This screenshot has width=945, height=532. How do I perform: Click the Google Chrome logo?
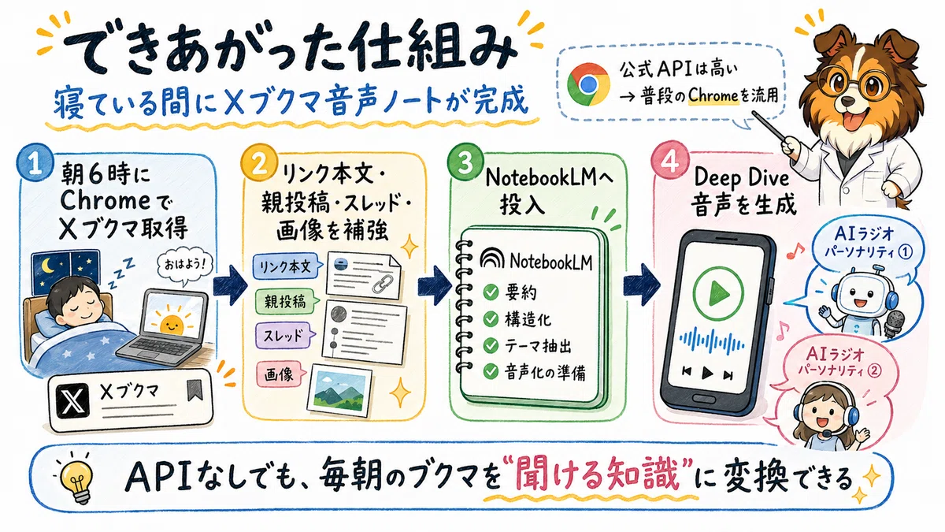tap(588, 84)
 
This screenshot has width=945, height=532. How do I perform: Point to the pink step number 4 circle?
tap(670, 162)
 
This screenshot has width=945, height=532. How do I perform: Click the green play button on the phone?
tap(718, 292)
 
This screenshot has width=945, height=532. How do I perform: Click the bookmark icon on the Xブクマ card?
tap(194, 389)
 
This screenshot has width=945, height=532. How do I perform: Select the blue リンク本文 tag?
tap(286, 266)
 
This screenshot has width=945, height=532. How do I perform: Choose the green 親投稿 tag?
tap(287, 301)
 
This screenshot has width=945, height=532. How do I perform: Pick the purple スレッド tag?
tap(285, 336)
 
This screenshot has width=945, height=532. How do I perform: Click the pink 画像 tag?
tap(280, 374)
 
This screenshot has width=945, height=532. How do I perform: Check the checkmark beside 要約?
tap(491, 292)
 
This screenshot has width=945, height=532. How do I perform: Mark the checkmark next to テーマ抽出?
tap(491, 345)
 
